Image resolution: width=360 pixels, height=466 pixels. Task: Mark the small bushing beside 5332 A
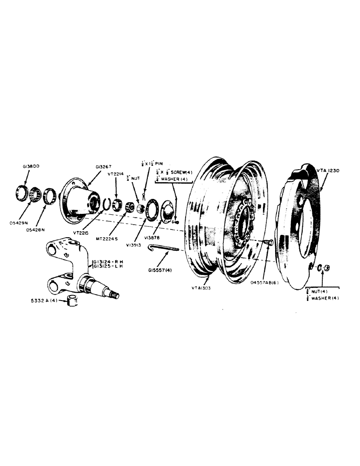point(72,301)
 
